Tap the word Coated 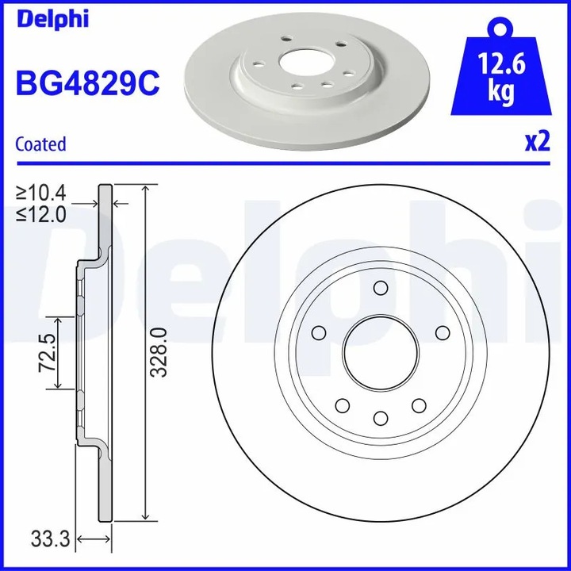pos(40,144)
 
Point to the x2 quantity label pos(537,142)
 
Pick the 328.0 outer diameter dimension pos(159,352)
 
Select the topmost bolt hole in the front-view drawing pos(379,287)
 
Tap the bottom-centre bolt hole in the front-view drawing pos(379,418)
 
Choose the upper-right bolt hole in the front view pos(440,331)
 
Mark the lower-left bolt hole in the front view pos(342,405)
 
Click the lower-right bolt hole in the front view pos(417,405)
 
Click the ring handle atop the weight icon pos(500,29)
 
